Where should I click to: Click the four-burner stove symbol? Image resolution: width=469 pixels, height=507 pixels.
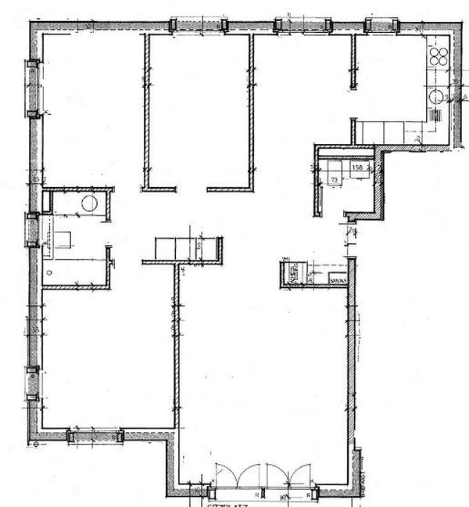click(437, 56)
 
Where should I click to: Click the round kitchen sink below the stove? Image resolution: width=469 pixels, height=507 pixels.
click(437, 97)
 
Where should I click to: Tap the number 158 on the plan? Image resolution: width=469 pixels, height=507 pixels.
click(357, 167)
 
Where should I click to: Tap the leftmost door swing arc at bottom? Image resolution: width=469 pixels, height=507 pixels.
click(227, 474)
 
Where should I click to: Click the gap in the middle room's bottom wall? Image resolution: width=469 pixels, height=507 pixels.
click(192, 188)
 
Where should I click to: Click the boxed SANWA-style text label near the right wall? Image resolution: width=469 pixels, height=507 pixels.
click(338, 279)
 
